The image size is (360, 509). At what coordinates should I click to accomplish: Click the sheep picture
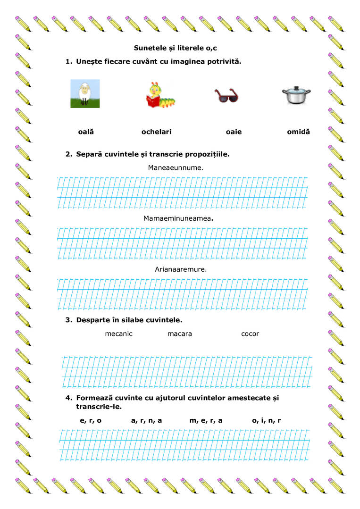click(85, 93)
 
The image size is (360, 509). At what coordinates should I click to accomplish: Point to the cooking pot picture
click(296, 95)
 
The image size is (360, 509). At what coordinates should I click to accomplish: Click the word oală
click(86, 132)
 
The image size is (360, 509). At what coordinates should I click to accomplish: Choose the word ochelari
click(156, 132)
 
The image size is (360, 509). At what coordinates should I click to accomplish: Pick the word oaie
click(234, 132)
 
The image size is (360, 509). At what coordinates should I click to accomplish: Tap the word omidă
click(298, 132)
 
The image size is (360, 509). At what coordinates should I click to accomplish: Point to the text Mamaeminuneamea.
click(178, 218)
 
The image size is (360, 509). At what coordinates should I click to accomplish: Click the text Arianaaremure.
click(181, 269)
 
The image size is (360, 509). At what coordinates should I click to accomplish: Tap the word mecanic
click(119, 334)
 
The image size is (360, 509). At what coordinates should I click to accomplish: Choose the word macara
click(180, 334)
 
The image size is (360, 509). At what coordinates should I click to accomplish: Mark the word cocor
click(250, 334)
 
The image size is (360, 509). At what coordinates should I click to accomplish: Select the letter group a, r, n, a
click(146, 420)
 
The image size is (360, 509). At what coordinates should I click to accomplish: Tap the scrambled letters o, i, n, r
click(266, 420)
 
